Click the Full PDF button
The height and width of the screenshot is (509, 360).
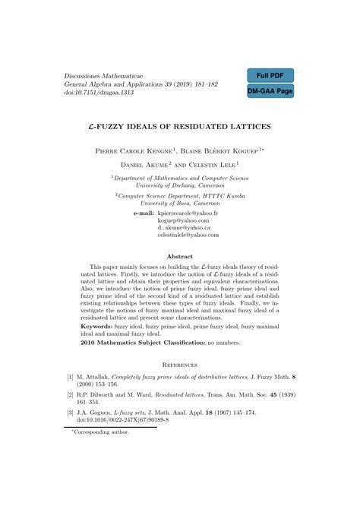click(270, 77)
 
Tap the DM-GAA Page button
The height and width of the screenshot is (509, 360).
click(270, 91)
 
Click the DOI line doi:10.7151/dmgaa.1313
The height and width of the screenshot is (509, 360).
click(99, 92)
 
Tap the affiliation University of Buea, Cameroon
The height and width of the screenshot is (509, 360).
click(181, 204)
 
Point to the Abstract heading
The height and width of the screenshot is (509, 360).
click(180, 257)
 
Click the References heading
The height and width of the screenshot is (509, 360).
click(180, 365)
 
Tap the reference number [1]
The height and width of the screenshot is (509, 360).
click(71, 378)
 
